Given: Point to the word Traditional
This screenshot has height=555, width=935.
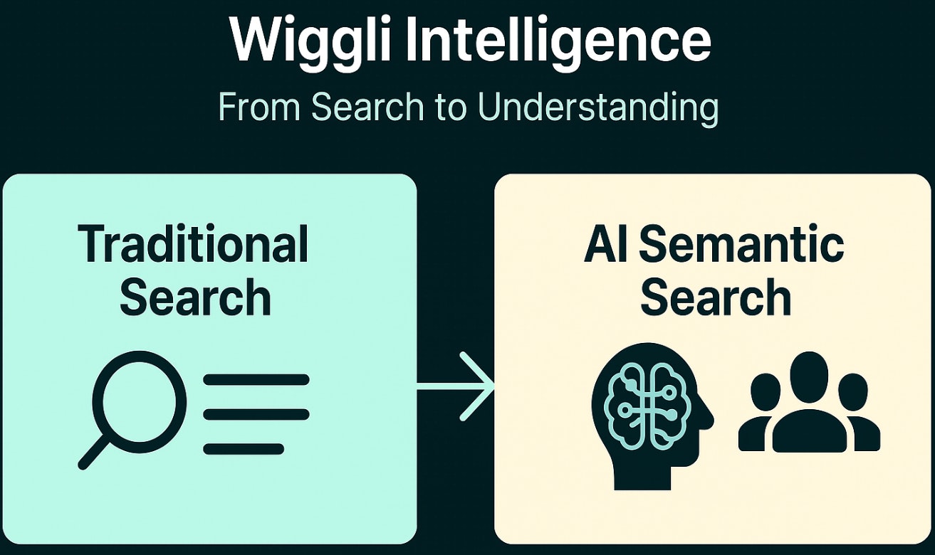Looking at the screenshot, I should coord(194,245).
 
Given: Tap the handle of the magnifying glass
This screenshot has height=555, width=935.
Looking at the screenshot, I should coord(94,453).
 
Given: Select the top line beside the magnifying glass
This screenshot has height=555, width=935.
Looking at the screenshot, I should coord(256,380).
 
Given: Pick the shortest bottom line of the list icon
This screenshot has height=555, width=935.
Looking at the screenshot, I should coord(244,449).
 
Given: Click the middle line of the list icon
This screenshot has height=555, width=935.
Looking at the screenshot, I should coord(256,414).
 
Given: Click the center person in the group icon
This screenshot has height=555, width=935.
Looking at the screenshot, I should coord(810,406).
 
